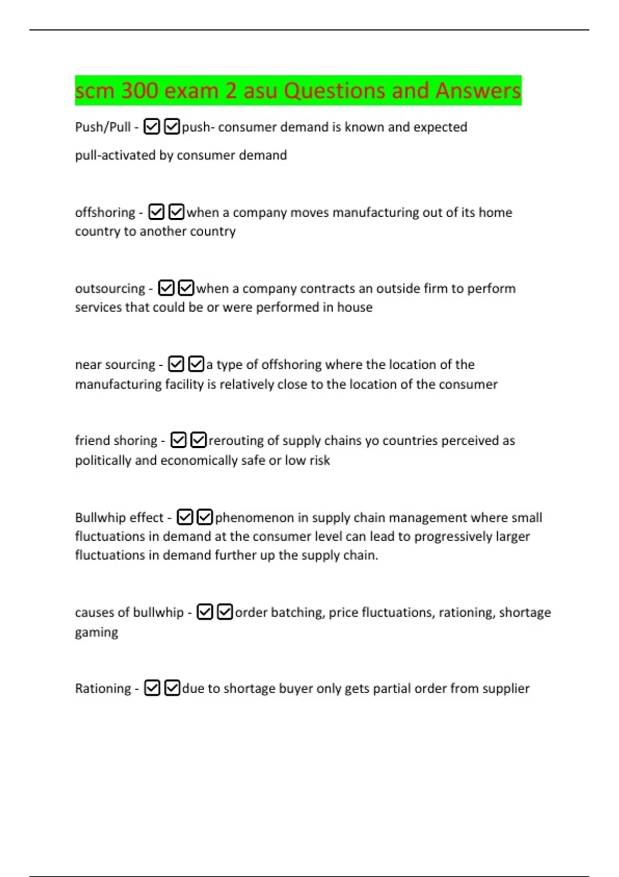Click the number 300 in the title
click(139, 91)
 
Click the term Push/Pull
click(102, 127)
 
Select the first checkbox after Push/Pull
click(152, 126)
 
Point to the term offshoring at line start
click(105, 213)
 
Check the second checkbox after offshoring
click(176, 212)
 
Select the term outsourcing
click(110, 288)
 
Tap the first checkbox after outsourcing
click(166, 288)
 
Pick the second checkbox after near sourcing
click(196, 364)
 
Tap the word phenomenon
click(254, 517)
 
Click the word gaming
click(96, 632)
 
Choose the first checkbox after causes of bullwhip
click(205, 612)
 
